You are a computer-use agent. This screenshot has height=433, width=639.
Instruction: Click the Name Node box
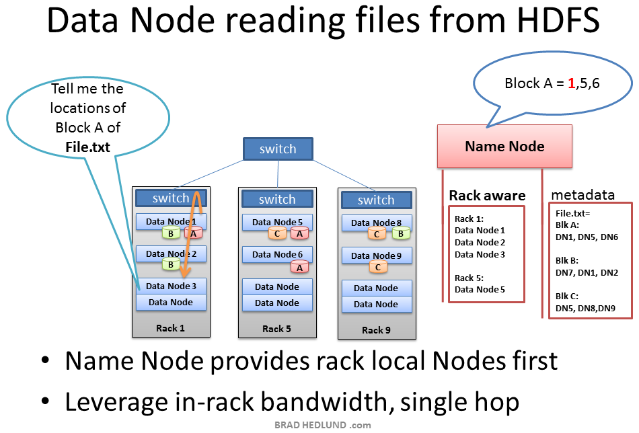coord(504,146)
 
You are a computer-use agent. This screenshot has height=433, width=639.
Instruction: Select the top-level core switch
coord(277,149)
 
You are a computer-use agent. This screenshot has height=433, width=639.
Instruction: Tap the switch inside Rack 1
coord(171,198)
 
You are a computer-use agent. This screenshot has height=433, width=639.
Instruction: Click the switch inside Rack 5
coord(277,199)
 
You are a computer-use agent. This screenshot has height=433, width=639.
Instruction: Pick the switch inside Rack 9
coord(376,200)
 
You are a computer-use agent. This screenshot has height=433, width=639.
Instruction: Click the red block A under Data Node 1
coord(194,233)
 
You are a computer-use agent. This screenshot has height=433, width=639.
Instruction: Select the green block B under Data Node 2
coord(171,265)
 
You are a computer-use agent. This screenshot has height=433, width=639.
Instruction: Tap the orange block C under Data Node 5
coord(277,234)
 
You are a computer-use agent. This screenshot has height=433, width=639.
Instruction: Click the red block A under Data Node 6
coord(299,266)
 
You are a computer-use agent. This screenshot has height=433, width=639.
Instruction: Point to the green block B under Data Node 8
coord(401,234)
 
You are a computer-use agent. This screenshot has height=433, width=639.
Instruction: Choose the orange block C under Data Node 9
coord(377,267)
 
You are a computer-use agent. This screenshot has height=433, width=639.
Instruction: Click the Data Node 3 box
coord(171,286)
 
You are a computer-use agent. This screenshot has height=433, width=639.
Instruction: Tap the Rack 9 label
coord(376,330)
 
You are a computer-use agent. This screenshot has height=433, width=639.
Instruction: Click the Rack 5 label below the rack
coord(277,329)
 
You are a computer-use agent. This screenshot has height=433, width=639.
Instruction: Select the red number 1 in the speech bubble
coord(571,83)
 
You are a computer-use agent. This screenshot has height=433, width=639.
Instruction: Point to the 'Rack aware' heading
coord(487,196)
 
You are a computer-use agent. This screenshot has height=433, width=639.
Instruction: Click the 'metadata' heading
coord(582,195)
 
